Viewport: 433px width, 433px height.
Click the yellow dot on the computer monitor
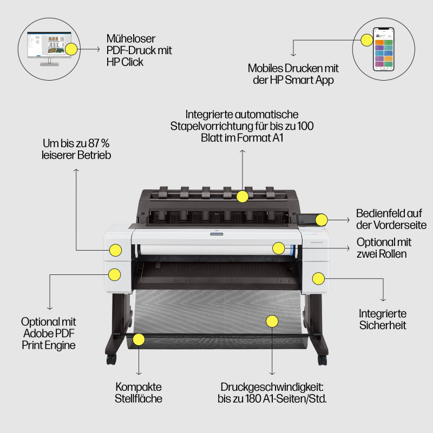71,49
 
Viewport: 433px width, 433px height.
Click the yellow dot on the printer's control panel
321,220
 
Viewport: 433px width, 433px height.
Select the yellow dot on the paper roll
278,248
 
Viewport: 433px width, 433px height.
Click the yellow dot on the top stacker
242,196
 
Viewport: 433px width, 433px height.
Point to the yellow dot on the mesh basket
272,320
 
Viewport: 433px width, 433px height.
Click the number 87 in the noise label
93,144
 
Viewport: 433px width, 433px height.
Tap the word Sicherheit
383,325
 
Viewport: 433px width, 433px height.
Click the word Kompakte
139,388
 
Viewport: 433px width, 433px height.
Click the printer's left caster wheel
111,358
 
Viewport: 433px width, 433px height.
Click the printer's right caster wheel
323,359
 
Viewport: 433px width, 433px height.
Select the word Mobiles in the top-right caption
267,68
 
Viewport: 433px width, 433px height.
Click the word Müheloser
132,38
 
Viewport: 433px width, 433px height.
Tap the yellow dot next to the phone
367,38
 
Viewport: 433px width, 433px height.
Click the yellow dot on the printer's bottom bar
139,339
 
